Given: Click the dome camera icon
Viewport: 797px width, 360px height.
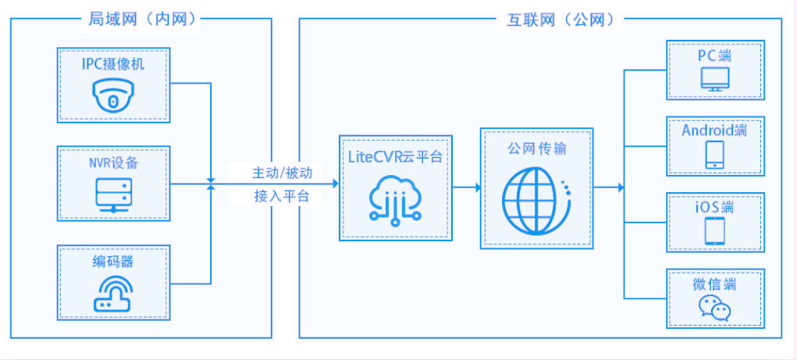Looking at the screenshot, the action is [113, 96].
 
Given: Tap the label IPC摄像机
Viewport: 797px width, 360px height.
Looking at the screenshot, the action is [113, 64].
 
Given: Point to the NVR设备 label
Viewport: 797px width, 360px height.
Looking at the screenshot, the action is [113, 162].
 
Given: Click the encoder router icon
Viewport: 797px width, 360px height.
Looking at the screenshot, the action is [113, 294].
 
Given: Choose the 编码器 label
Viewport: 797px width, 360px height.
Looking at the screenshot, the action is [113, 261].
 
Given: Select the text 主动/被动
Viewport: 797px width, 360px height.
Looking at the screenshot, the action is [281, 172].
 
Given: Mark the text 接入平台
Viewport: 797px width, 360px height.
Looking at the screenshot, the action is [281, 196].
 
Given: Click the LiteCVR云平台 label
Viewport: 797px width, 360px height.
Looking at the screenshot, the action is [395, 157].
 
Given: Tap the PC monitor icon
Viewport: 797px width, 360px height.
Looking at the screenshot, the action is [715, 80].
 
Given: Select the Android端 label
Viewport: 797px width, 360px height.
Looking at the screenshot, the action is [714, 130].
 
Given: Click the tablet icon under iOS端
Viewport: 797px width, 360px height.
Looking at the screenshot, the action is [715, 231].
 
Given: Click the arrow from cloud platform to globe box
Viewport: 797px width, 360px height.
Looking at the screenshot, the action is [466, 187].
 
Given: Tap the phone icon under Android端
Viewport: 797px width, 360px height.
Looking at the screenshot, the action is [715, 155].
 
